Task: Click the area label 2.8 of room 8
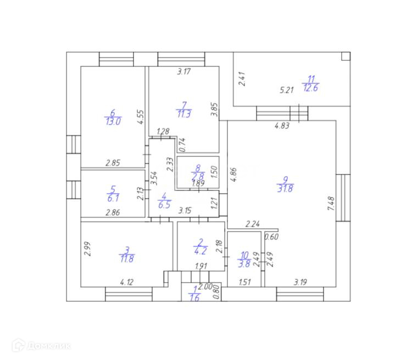197,175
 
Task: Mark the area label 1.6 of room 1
194,299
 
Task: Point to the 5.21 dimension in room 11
288,89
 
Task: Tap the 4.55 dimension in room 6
141,118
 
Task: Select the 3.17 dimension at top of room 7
184,71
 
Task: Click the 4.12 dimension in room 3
127,283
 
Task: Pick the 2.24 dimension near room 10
252,223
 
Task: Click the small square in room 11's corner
344,56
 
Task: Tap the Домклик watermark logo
42,346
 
